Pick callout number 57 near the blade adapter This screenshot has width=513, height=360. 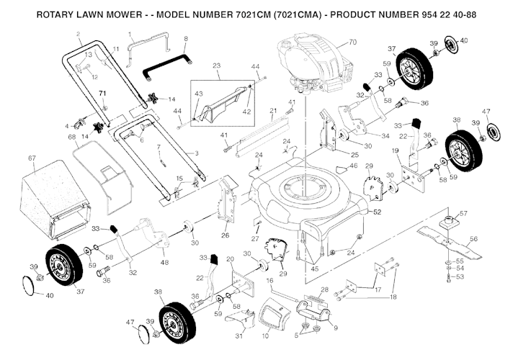tap(463, 214)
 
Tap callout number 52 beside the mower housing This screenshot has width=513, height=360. tap(376, 212)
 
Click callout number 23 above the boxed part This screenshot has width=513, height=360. tap(215, 66)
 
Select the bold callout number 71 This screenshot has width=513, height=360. tap(102, 94)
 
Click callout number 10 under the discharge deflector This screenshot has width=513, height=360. tap(265, 336)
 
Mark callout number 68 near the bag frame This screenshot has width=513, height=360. tap(71, 137)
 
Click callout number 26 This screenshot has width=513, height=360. tap(225, 235)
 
